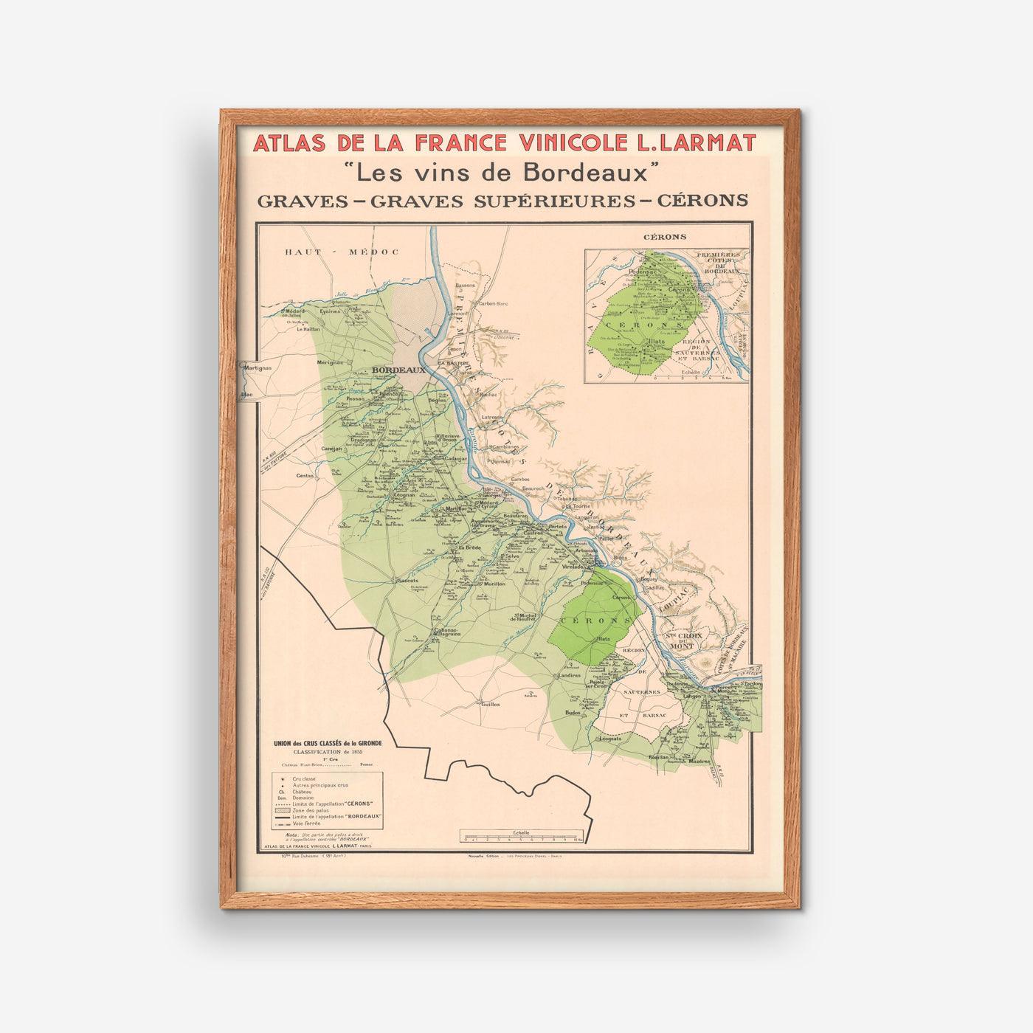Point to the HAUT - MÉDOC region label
[x=342, y=252]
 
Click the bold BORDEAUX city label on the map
[x=398, y=370]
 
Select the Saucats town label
[x=407, y=581]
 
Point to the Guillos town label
[x=491, y=704]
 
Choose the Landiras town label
[x=569, y=675]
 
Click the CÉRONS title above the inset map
[x=664, y=237]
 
